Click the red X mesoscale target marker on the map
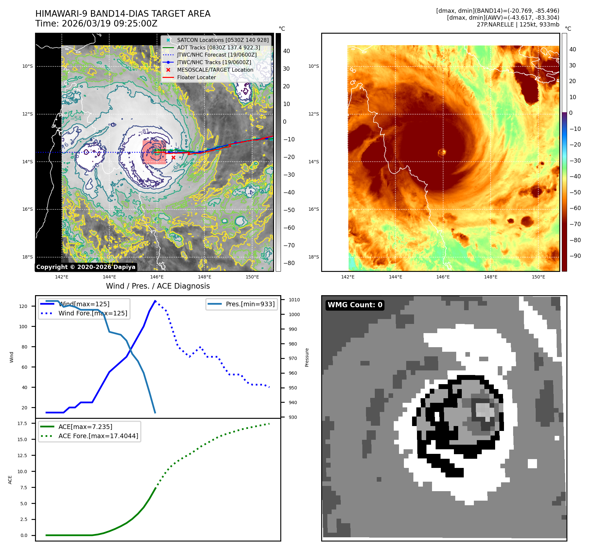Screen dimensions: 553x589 [x=173, y=157]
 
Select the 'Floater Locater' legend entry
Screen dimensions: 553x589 [x=196, y=78]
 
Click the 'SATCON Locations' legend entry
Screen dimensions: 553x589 [x=222, y=40]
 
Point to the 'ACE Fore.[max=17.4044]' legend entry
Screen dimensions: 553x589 [x=98, y=436]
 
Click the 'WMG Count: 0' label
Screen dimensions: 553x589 [x=355, y=305]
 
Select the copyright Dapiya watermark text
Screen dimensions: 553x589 [x=86, y=267]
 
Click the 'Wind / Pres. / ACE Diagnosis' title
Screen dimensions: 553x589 [x=158, y=286]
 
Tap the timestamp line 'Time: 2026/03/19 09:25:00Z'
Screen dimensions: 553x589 [x=96, y=24]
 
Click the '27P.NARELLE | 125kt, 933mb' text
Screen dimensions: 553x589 [x=518, y=25]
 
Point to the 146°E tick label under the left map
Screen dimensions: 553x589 [x=157, y=277]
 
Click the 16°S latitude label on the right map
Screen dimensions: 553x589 [x=313, y=209]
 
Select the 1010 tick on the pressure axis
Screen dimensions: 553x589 [x=294, y=300]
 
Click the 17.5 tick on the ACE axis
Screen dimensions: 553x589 [x=22, y=423]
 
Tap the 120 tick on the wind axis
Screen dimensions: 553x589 [x=23, y=306]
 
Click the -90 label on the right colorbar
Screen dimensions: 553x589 [x=575, y=256]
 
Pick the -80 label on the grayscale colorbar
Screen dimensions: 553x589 [x=289, y=263]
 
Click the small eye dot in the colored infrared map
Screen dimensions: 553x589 [x=442, y=152]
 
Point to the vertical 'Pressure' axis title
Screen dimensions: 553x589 [x=307, y=357]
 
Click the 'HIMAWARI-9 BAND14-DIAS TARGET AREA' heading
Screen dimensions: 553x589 [x=123, y=14]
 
